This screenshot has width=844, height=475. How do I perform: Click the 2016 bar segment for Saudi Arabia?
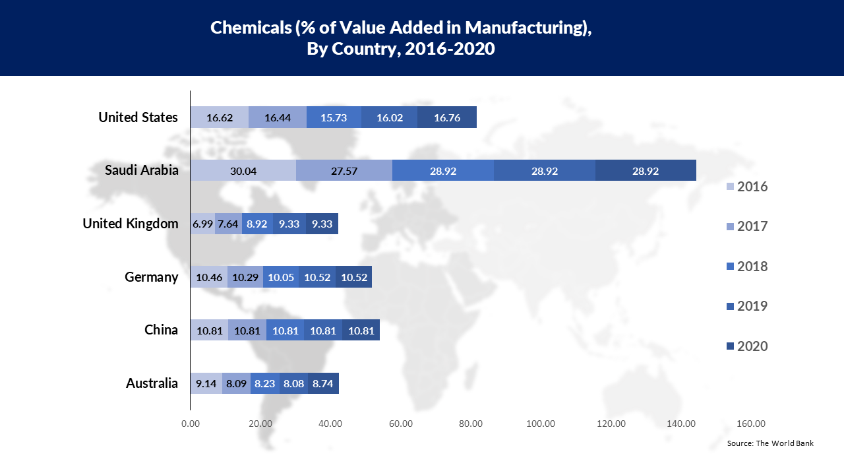pos(243,170)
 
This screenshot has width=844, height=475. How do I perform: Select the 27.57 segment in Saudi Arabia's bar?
pos(344,170)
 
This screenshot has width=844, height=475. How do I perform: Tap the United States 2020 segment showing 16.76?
pos(446,117)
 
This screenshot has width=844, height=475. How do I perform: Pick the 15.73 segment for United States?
pos(334,117)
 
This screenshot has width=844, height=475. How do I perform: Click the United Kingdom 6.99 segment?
pos(202,224)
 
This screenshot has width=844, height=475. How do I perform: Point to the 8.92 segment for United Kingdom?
pos(257,224)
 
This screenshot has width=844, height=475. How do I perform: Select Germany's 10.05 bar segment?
pos(281,277)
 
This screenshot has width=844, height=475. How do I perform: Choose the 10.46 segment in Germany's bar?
pos(209,277)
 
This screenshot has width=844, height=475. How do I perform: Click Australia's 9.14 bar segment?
pos(206,383)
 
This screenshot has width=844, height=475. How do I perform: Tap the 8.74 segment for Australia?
pos(323,383)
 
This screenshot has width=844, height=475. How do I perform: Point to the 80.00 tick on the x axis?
pos(471,424)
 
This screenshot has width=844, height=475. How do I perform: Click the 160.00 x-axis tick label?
pos(751,424)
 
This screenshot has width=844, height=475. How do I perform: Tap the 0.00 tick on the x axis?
pos(191,424)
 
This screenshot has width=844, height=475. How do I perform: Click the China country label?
pos(161,329)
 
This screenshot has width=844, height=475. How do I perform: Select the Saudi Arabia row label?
pos(142,170)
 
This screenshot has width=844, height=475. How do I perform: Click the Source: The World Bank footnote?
pos(770,443)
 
